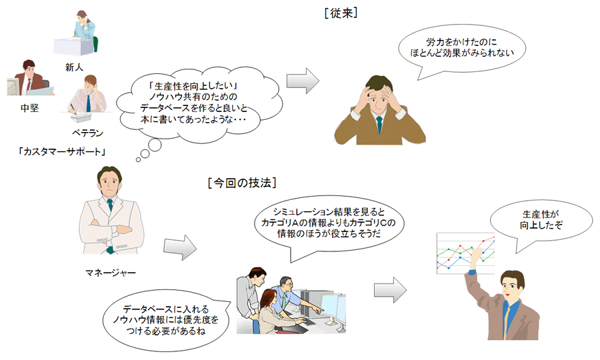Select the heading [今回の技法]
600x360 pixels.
coord(242,182)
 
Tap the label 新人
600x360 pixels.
coord(74,67)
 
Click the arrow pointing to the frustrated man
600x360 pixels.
coord(302,79)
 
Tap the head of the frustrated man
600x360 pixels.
coord(378,93)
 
